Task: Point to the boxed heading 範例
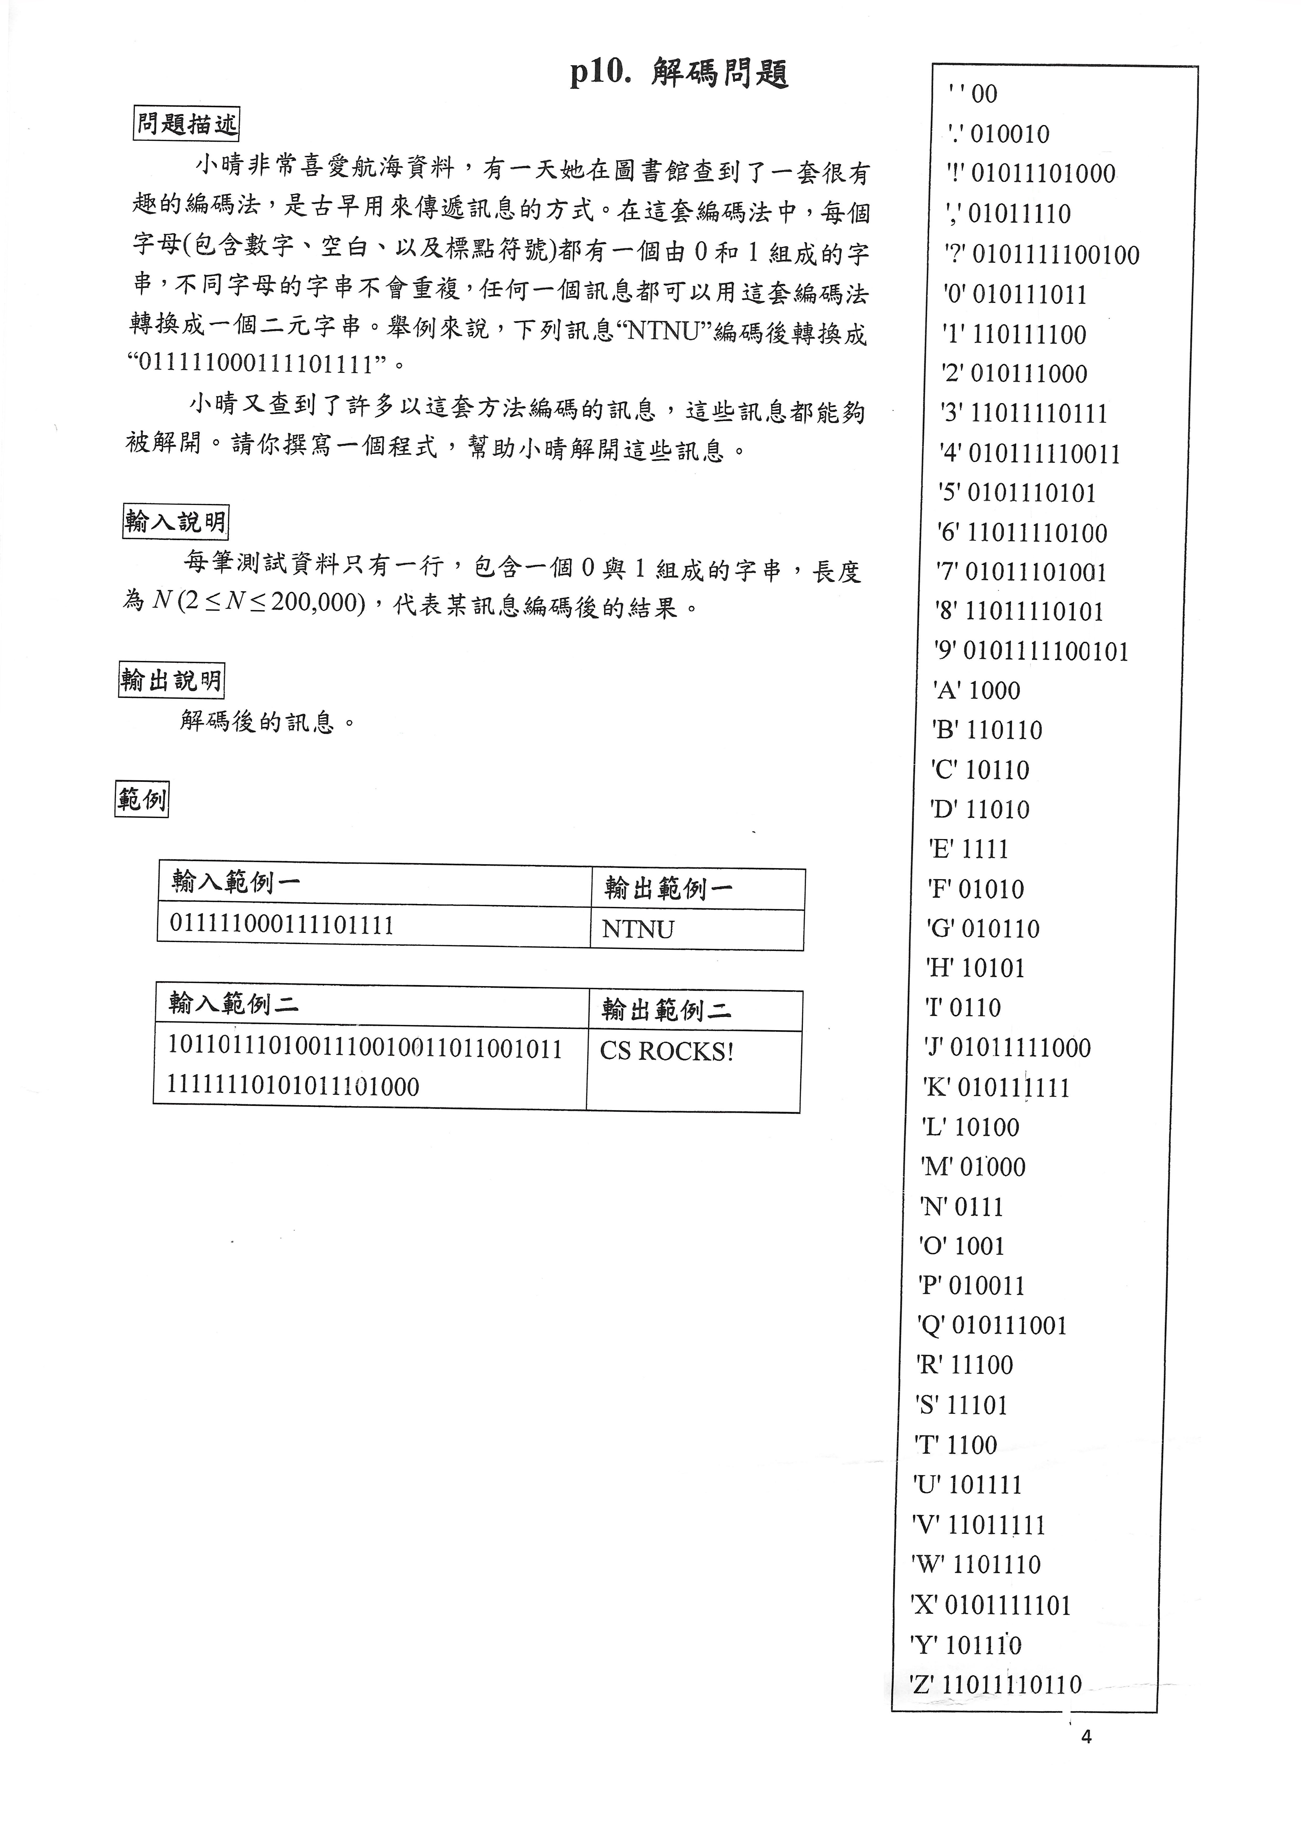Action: point(142,799)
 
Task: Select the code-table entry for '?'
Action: point(1041,255)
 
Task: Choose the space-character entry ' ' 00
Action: point(972,94)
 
